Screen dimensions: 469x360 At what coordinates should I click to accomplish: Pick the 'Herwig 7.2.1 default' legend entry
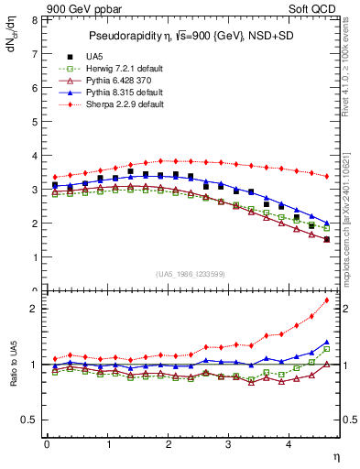point(120,69)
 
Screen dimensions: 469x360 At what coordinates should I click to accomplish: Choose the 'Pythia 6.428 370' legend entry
point(115,81)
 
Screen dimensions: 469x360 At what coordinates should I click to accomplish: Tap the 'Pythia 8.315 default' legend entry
point(119,93)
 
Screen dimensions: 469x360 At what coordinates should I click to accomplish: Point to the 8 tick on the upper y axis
point(34,19)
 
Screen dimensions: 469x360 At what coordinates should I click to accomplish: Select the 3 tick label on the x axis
point(229,445)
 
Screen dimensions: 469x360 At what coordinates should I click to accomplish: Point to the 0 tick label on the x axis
point(47,445)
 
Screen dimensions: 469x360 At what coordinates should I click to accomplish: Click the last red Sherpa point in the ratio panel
point(326,300)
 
